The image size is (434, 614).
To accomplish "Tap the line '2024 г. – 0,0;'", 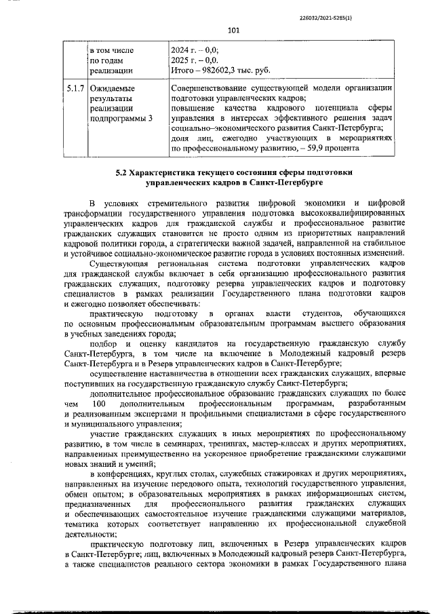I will (199, 50).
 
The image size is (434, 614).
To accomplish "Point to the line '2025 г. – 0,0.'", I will (199, 60).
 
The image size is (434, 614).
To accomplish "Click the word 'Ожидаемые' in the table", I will (113, 88).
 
